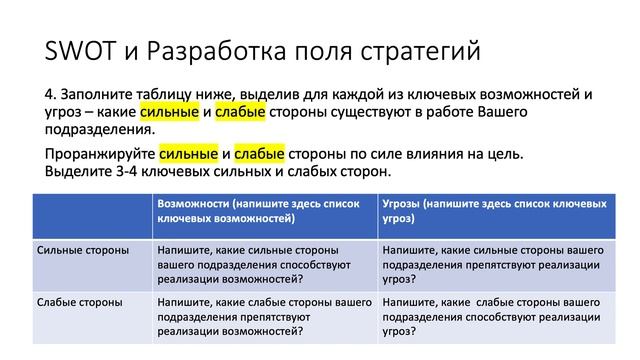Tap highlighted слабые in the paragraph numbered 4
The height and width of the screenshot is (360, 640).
(x=239, y=112)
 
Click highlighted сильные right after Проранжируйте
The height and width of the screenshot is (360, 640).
(x=188, y=155)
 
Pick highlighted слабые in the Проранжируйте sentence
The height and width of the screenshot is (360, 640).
(x=260, y=155)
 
